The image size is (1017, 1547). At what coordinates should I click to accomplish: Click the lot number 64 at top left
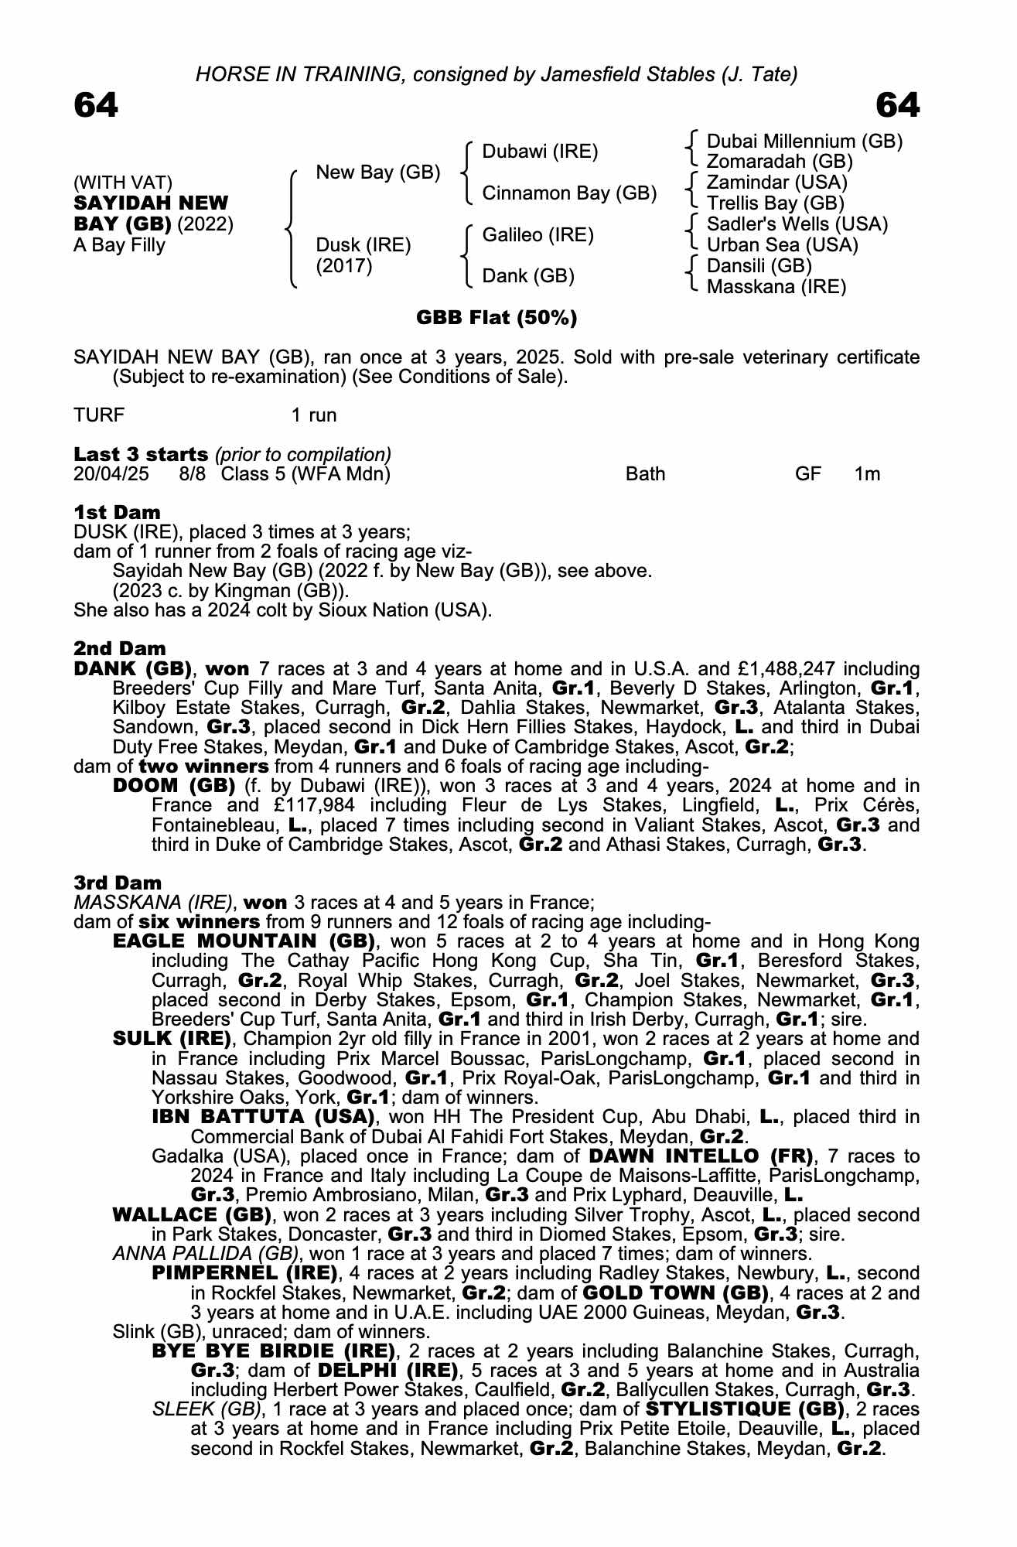[x=96, y=106]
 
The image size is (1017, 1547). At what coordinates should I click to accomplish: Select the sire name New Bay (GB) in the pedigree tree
[x=377, y=172]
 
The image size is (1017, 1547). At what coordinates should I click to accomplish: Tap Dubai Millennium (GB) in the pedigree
[x=804, y=142]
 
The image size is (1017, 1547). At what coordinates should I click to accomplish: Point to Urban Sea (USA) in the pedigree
[x=783, y=245]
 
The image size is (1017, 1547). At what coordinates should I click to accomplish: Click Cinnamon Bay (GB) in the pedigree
[x=569, y=193]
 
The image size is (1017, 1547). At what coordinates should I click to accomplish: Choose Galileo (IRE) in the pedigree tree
[x=538, y=235]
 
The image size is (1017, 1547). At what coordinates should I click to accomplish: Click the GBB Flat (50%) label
[x=497, y=318]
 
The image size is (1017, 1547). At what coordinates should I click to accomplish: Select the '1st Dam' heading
[x=117, y=512]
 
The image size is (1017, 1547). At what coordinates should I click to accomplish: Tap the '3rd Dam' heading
[x=118, y=883]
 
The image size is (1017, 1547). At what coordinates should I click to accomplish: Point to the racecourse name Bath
[x=645, y=474]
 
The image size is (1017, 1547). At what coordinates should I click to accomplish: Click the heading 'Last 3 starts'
[x=141, y=454]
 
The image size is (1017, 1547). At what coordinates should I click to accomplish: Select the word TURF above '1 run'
[x=98, y=415]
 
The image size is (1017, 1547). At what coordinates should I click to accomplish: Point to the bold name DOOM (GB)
[x=174, y=786]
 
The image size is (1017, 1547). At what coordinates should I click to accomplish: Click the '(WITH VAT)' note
[x=123, y=183]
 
